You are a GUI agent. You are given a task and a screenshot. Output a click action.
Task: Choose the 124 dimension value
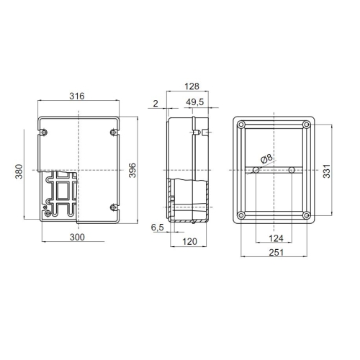pyautogui.click(x=274, y=237)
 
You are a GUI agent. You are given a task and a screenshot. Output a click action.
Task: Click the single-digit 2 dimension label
pyautogui.click(x=155, y=103)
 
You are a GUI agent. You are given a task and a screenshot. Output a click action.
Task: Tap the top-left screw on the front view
pyautogui.click(x=45, y=132)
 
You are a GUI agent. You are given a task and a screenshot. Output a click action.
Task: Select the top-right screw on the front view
pyautogui.click(x=113, y=132)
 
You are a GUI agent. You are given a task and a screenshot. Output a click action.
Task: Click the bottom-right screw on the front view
pyautogui.click(x=113, y=207)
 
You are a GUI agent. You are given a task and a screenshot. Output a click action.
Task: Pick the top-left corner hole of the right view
pyautogui.click(x=241, y=126)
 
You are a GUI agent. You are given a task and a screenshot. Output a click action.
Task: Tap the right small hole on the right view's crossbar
pyautogui.click(x=291, y=171)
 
